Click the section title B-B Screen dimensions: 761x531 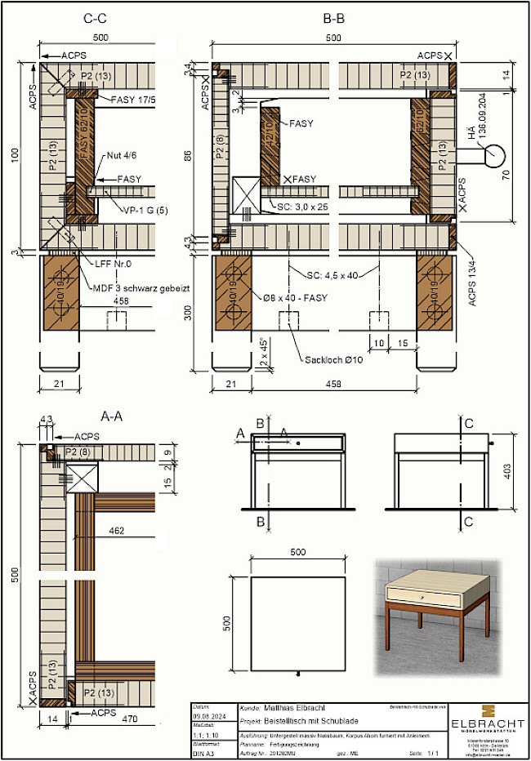click(x=332, y=17)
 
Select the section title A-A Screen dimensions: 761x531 click(x=111, y=416)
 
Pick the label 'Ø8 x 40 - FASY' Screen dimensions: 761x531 click(x=292, y=298)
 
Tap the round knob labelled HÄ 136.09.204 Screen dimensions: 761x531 click(x=495, y=154)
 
